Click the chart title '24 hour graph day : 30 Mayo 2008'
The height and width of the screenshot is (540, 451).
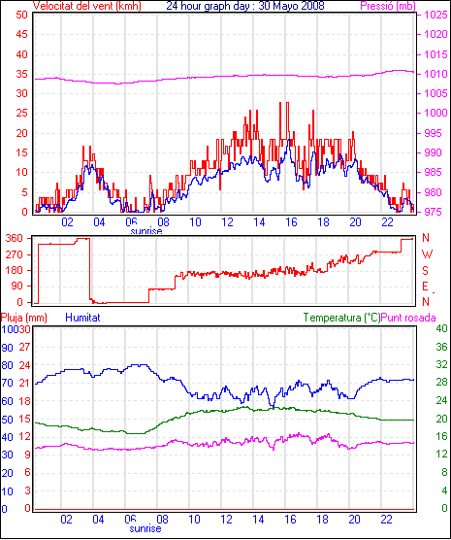(x=245, y=6)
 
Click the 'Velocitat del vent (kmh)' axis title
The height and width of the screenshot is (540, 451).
(x=86, y=6)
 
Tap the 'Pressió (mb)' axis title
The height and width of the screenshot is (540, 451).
(x=388, y=6)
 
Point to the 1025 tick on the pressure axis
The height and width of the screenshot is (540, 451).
(x=435, y=15)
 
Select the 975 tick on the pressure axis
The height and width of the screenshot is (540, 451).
(x=435, y=212)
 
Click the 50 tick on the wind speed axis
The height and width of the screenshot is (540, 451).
(x=21, y=15)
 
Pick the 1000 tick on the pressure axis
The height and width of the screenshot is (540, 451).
(x=435, y=113)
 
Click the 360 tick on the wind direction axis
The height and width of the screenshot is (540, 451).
(x=15, y=238)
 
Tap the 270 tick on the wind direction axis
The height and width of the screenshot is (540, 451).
(x=15, y=254)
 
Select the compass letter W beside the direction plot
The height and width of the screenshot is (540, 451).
(x=427, y=254)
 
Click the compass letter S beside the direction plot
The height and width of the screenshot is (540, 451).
(x=425, y=271)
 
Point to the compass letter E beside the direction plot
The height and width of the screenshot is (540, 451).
(x=425, y=287)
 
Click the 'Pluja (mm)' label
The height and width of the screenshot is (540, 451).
(x=23, y=318)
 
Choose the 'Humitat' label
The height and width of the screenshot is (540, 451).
(x=82, y=318)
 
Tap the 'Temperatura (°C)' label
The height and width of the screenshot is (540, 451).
(x=342, y=318)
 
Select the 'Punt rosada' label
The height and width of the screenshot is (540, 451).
(x=408, y=318)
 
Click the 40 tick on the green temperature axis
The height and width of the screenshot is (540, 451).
(x=441, y=328)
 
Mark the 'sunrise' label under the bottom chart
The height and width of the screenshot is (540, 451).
(x=145, y=528)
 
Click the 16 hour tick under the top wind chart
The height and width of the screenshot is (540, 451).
(x=291, y=222)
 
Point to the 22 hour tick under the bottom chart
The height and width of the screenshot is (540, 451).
(x=386, y=519)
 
